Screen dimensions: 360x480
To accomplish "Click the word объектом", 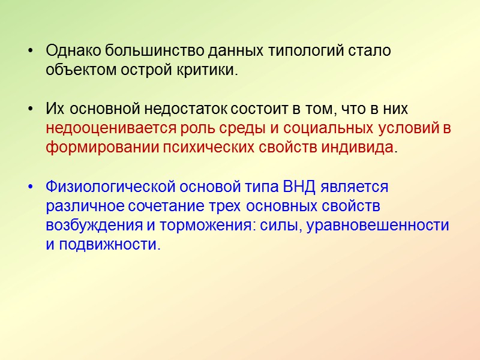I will (x=77, y=70).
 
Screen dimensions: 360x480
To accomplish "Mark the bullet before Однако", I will (x=32, y=50).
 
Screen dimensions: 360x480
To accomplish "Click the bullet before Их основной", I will (x=32, y=109).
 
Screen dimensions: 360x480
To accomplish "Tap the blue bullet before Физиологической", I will (x=32, y=187).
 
